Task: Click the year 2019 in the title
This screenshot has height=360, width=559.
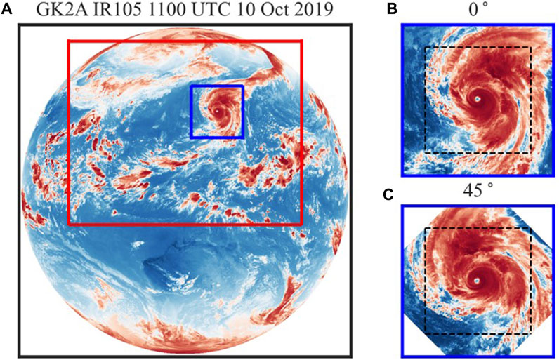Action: tap(282, 10)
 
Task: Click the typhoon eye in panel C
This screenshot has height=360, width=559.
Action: tap(477, 280)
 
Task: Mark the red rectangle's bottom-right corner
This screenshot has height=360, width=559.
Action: tap(302, 225)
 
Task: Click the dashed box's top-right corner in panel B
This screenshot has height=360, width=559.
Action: tap(532, 48)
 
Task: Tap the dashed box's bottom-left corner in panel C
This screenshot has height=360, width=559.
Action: tap(425, 334)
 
